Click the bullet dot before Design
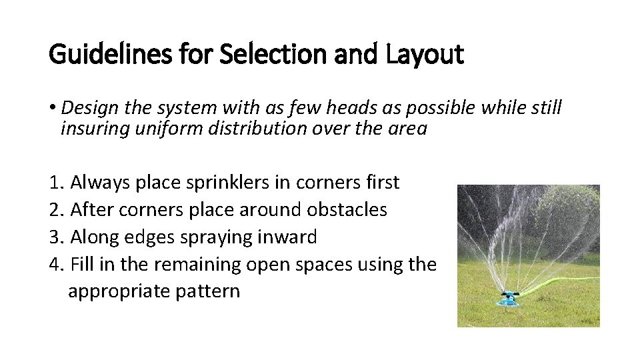53,108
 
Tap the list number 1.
56,182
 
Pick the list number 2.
56,210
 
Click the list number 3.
56,237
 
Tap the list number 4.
56,265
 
